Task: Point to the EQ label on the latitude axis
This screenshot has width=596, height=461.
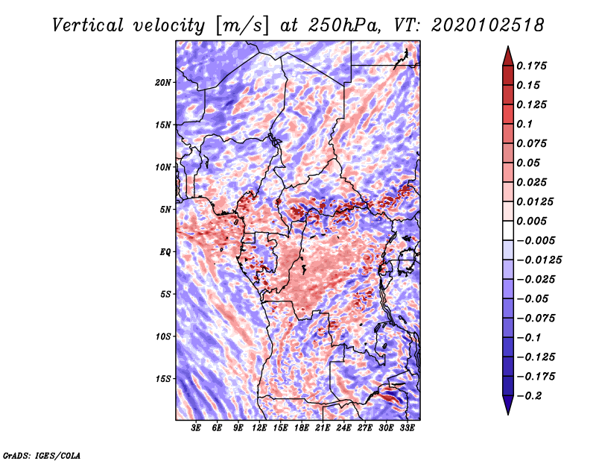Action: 165,252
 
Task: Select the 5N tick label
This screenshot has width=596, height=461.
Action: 165,210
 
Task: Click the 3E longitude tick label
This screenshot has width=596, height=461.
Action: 197,428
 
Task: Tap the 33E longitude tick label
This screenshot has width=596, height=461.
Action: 408,428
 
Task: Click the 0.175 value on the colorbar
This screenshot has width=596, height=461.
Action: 533,66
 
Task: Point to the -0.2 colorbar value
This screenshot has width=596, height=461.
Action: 533,395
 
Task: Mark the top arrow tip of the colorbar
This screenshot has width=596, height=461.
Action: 507,48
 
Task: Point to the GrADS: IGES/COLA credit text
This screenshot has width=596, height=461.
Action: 41,454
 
